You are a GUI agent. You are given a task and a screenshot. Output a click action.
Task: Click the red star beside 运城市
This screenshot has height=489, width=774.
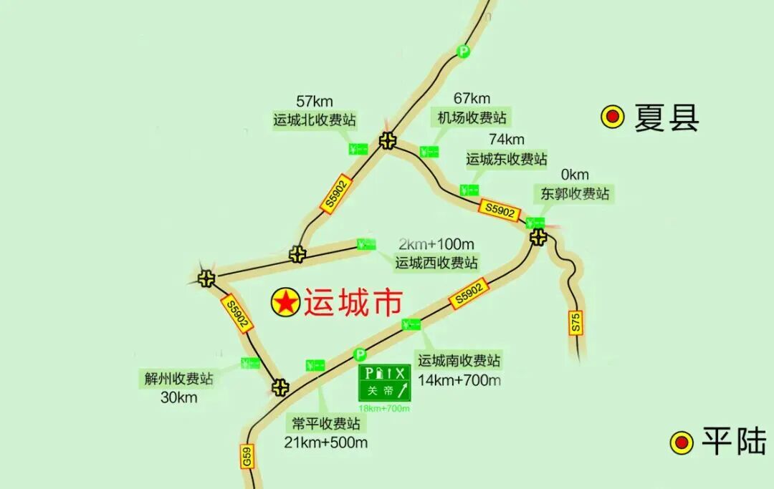[285, 303]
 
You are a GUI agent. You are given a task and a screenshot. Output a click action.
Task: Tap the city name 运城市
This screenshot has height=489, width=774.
[353, 303]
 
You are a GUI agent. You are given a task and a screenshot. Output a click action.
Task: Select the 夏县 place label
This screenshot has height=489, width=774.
[666, 118]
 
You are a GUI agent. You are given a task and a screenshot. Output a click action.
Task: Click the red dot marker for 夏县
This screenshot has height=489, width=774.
[613, 117]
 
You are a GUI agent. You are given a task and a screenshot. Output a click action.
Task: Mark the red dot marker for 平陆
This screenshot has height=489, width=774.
[682, 442]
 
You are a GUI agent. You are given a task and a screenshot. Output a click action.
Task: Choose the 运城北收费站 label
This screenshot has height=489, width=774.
[315, 120]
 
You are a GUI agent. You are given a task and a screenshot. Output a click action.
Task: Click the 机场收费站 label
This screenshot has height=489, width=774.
[472, 117]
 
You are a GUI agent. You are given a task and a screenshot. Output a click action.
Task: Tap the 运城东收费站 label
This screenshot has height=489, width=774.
[507, 158]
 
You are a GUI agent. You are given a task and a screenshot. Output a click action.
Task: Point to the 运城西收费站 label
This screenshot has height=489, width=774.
[436, 263]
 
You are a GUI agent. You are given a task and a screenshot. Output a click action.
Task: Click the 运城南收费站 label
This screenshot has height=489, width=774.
[459, 360]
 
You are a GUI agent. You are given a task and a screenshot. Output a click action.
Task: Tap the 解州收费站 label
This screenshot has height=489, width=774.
[179, 379]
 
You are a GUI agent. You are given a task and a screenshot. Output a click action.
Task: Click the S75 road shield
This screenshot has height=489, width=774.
[576, 322]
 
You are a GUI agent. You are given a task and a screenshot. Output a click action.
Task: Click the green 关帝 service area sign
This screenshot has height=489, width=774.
[385, 384]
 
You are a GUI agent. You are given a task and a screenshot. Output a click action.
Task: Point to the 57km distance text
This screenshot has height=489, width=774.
[314, 102]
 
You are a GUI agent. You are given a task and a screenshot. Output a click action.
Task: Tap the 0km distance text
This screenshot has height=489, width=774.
[575, 175]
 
